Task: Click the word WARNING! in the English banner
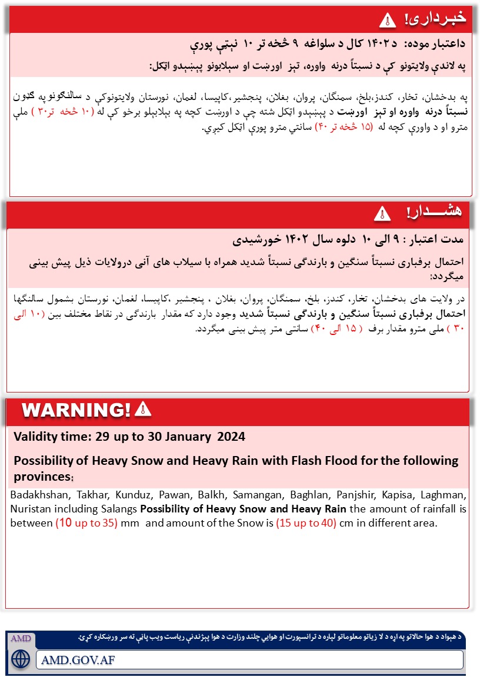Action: coord(76,410)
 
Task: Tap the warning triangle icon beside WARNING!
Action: coord(143,409)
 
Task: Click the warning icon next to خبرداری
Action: coord(388,19)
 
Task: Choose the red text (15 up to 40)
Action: coord(306,522)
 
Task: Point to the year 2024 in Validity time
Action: coord(231,437)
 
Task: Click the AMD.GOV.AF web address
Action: coord(78,659)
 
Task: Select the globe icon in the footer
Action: coord(20,659)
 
